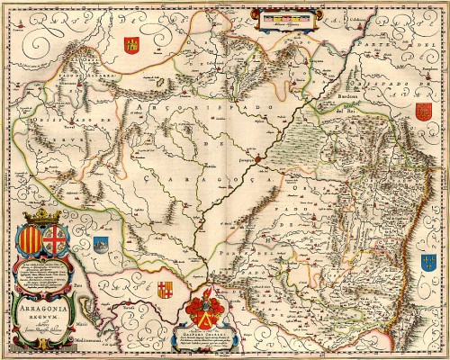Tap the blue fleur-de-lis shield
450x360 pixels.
coord(427,263)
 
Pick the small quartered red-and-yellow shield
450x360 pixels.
coord(165,290)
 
